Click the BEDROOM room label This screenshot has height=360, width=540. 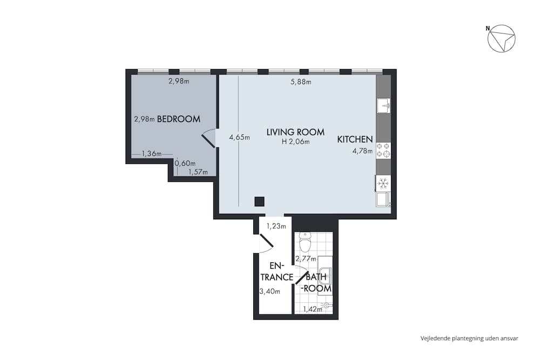click(179, 119)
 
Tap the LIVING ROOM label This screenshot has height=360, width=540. click(295, 132)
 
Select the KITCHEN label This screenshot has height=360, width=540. click(355, 139)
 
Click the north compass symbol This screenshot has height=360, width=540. click(501, 39)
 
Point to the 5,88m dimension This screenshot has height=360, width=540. click(300, 82)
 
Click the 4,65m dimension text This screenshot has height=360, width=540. click(239, 138)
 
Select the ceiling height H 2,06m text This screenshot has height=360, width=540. click(295, 142)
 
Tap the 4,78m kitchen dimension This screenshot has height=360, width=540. click(362, 151)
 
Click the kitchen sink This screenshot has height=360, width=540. click(383, 105)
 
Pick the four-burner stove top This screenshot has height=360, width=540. click(383, 150)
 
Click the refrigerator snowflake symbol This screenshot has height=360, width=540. click(383, 184)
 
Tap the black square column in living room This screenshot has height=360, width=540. click(259, 202)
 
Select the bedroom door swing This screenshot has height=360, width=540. click(208, 139)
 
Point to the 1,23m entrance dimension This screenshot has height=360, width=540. click(276, 226)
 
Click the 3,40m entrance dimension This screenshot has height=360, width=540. click(270, 291)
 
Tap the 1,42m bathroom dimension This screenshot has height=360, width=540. click(312, 309)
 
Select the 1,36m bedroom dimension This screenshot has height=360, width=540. click(152, 154)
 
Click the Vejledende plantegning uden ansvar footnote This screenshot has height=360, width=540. click(469, 338)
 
